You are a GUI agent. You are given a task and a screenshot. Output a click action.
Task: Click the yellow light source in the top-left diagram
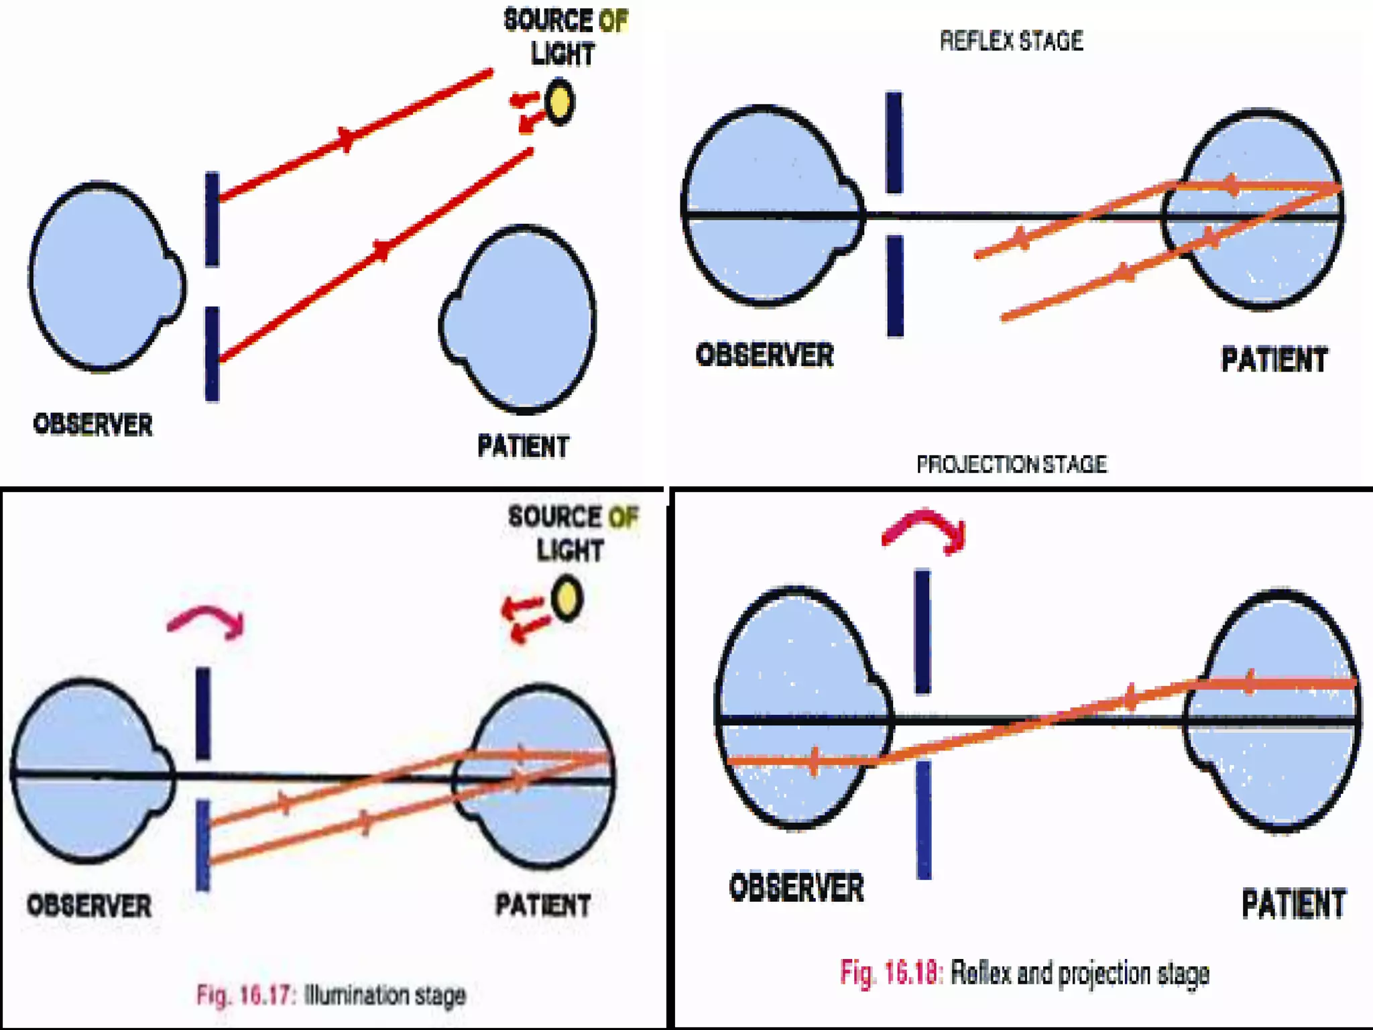coord(559,102)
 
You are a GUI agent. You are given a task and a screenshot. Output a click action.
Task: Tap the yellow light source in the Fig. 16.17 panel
coord(566,598)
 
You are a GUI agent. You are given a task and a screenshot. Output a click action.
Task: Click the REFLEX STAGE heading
coord(1011,42)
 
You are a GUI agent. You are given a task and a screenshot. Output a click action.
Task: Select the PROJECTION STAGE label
coord(1011,464)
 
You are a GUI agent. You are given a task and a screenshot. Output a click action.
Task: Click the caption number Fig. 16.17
coord(245,994)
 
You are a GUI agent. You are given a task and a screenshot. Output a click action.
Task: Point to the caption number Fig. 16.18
coord(892,972)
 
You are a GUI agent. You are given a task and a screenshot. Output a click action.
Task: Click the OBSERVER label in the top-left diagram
coord(93,425)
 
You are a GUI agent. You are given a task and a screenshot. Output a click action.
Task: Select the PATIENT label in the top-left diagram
coord(523,446)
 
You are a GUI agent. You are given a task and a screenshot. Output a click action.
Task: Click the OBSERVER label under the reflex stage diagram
coord(764,355)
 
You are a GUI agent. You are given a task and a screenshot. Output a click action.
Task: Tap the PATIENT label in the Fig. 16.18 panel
coord(1293,903)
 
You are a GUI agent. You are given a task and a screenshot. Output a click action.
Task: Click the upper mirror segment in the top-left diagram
coord(212,219)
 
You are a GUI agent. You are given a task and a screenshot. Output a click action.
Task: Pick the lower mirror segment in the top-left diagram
coord(212,353)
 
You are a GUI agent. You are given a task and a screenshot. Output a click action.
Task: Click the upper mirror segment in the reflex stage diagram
coord(894,142)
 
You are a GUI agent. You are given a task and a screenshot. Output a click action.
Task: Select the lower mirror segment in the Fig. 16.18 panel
coord(924,819)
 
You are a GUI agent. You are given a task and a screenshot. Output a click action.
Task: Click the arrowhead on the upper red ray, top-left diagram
coord(347,138)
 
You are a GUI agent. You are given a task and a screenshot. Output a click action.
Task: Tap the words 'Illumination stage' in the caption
coord(385,994)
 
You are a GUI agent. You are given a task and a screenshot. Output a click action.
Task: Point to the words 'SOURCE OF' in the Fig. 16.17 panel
coord(573,516)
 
